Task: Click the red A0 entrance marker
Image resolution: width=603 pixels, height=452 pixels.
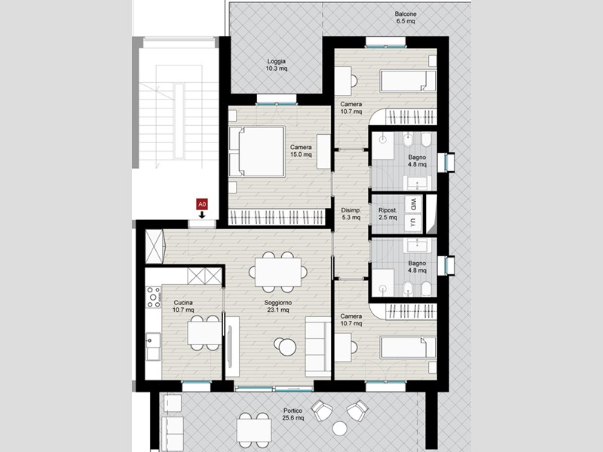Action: click(202, 204)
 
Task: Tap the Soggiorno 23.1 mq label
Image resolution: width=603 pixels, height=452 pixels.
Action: click(278, 306)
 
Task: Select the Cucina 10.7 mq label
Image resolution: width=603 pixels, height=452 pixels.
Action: click(183, 306)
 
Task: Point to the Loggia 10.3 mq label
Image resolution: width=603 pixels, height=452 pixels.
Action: click(277, 65)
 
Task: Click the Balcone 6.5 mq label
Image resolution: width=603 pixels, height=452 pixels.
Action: click(406, 17)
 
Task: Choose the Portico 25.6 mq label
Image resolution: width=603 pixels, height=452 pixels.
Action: click(293, 414)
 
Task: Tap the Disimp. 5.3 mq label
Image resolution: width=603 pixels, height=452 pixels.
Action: click(350, 214)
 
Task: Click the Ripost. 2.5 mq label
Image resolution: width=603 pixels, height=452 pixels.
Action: click(387, 214)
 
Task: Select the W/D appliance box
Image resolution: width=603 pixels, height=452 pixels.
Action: click(413, 204)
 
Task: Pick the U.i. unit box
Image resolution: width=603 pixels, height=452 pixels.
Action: click(413, 223)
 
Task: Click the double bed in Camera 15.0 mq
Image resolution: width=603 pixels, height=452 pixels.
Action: click(257, 151)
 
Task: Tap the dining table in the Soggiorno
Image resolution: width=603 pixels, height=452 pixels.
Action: click(278, 272)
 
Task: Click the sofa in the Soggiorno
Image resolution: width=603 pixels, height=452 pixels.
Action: click(318, 347)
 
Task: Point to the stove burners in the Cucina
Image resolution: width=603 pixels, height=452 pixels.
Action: click(155, 297)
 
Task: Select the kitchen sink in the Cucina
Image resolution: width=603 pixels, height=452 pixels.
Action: click(153, 347)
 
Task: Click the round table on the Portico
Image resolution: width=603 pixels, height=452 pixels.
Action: click(340, 428)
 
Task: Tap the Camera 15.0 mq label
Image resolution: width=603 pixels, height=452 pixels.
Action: click(301, 151)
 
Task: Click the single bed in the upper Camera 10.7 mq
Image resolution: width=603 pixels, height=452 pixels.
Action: click(408, 81)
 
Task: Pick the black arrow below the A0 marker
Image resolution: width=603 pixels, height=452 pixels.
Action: click(202, 215)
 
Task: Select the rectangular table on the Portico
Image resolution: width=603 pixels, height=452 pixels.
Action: click(254, 430)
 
